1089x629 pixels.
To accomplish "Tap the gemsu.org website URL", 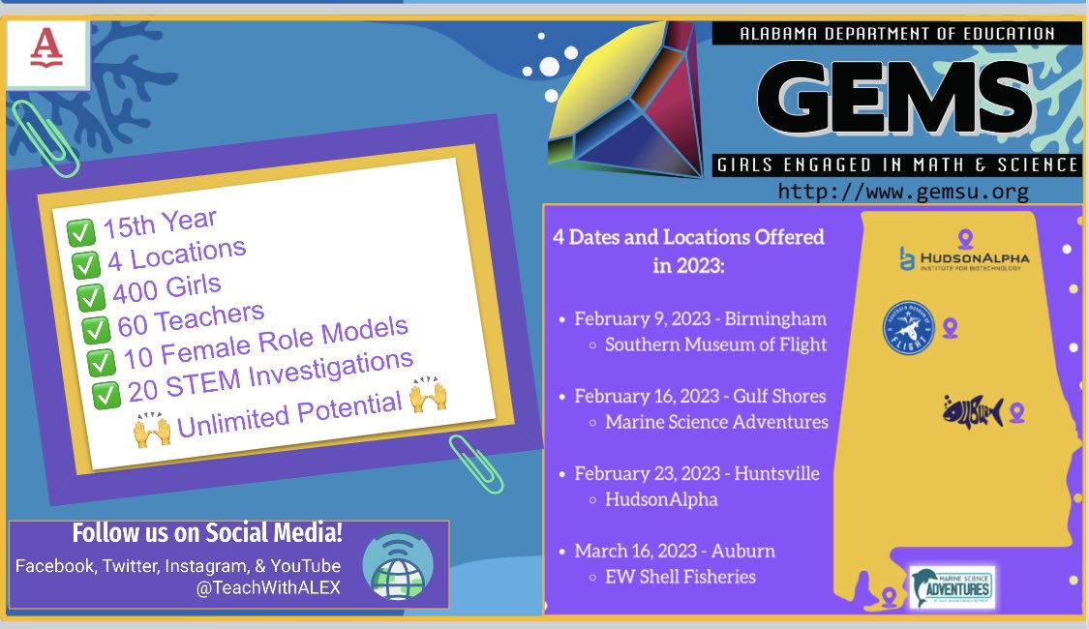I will click(x=903, y=192).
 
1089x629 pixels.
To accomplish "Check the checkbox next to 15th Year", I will click(x=80, y=233).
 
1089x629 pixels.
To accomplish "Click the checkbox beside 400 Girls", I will click(x=90, y=297).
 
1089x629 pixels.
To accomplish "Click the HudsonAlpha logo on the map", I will click(x=962, y=258).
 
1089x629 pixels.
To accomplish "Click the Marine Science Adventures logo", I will click(x=953, y=586).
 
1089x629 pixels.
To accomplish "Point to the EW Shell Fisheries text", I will click(x=681, y=577).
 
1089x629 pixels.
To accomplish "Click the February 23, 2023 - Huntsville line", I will click(x=697, y=473).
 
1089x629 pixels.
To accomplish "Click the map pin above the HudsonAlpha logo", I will click(x=964, y=236).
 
